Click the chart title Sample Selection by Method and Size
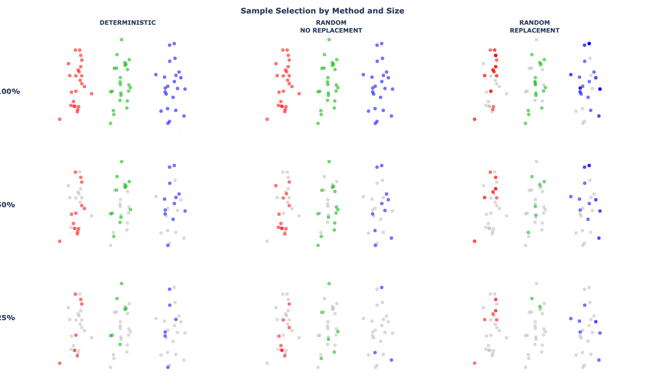pos(322,11)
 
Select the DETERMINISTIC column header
pos(127,23)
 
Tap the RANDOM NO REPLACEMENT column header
pos(331,27)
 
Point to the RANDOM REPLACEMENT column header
pos(535,27)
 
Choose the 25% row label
pos(8,318)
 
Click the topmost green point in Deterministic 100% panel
pos(122,40)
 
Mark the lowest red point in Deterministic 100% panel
pos(60,119)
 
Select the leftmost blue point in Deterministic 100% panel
pos(156,75)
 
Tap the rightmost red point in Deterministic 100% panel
pos(92,93)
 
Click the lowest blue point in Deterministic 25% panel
pos(168,367)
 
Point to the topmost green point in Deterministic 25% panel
pos(122,284)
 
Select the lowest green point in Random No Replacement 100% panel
pos(318,123)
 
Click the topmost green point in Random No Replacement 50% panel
pos(329,162)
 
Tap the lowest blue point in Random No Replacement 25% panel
pos(391,360)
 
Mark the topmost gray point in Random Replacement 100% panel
pos(537,40)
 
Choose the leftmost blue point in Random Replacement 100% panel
pos(571,75)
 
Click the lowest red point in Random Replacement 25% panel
pos(475,363)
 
